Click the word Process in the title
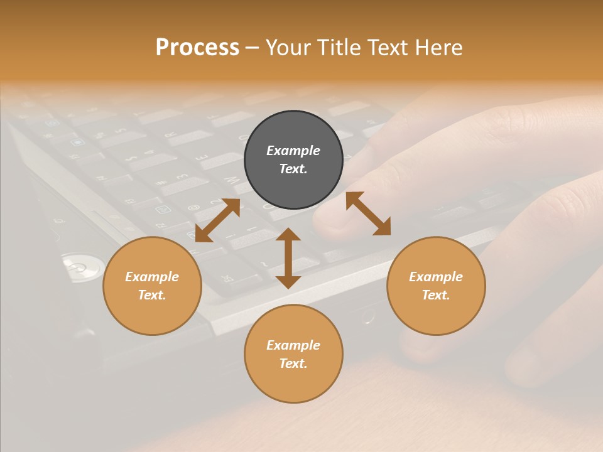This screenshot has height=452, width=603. click(x=197, y=48)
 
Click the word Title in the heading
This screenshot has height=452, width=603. click(x=338, y=48)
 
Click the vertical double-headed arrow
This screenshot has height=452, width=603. click(x=288, y=258)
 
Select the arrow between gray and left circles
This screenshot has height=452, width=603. click(x=218, y=220)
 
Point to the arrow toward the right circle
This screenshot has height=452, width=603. click(x=368, y=213)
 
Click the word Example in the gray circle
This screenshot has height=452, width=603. click(x=293, y=151)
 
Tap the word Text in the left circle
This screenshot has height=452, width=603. click(x=152, y=295)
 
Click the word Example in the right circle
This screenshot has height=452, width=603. click(x=436, y=277)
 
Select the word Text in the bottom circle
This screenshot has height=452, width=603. click(x=293, y=363)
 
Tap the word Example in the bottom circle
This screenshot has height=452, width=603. click(x=293, y=345)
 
